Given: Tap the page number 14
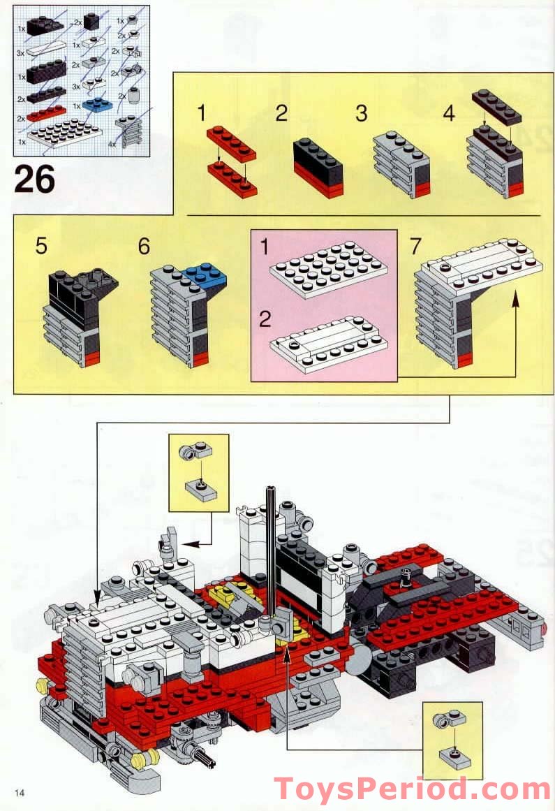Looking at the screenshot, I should pos(19,791).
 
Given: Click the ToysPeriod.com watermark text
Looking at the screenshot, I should pos(412,790).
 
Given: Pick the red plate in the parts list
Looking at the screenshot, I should pos(46,112).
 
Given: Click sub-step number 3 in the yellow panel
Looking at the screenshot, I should pos(361,113).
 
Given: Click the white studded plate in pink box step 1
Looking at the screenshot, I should pos(328,269).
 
